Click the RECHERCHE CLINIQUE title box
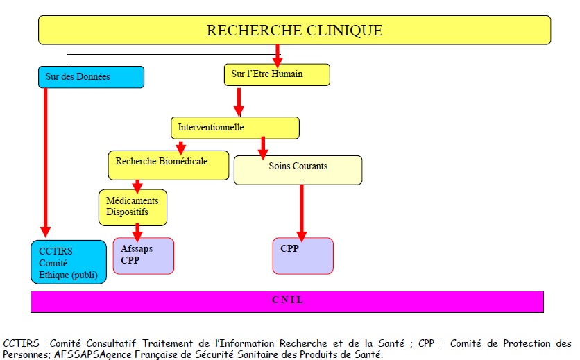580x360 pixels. coord(294,31)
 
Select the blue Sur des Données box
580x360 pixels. coord(91,77)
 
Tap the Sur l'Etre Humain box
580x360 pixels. coord(277,74)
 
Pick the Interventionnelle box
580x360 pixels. coord(234,128)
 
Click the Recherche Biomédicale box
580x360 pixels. coord(168,165)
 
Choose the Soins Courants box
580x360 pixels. coord(298,170)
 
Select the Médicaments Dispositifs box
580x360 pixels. coord(133,207)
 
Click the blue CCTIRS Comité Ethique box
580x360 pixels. coord(69,262)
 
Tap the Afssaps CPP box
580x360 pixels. coord(143,256)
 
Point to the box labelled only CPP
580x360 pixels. coord(302,256)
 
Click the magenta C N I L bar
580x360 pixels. coord(287,301)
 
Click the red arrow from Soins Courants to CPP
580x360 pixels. coord(302,212)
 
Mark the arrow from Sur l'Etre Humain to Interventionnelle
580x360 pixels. coord(239,101)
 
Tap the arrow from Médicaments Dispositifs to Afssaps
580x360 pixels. coord(138,232)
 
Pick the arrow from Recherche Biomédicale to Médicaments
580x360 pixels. coord(137,186)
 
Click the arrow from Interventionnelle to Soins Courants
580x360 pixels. coord(263,147)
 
